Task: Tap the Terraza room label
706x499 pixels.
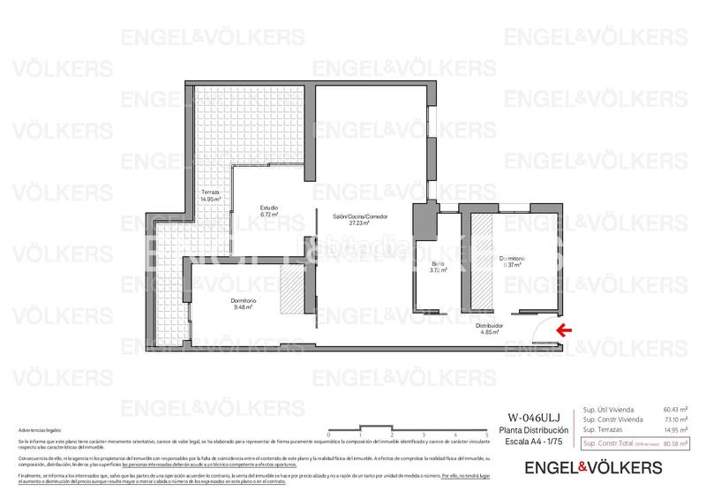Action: click(209, 192)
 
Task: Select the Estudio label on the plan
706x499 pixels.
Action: click(268, 208)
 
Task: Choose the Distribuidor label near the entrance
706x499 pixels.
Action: click(492, 325)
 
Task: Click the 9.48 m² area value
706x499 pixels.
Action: click(244, 307)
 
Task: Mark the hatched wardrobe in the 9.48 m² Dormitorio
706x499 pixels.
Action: click(291, 291)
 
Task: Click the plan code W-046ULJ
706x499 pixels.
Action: click(531, 418)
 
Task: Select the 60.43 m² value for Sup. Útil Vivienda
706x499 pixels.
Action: click(675, 409)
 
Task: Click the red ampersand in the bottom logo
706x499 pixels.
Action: click(583, 466)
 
